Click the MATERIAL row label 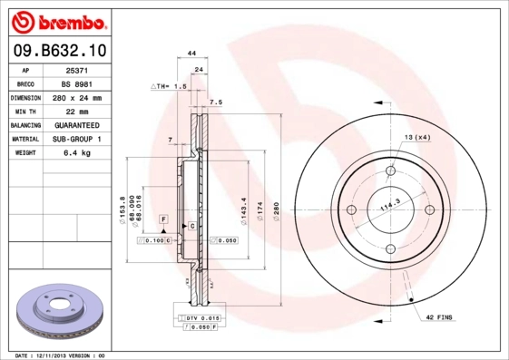(24, 139)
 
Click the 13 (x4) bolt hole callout (416, 136)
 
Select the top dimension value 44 (191, 54)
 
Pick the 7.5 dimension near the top (215, 102)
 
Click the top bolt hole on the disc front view (391, 171)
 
